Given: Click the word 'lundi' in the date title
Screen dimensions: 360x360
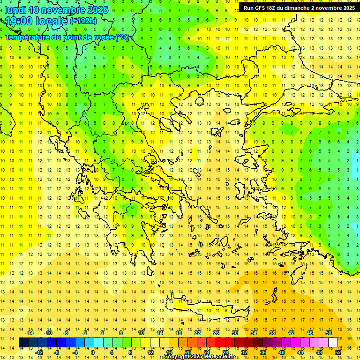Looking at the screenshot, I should click(x=15, y=10).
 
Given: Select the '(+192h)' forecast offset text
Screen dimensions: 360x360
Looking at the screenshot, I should click(x=83, y=21).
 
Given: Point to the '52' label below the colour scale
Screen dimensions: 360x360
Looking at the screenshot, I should click(x=338, y=352).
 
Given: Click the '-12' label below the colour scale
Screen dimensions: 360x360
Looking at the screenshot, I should click(x=39, y=352).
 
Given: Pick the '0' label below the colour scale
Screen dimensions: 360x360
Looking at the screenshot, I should click(x=92, y=352).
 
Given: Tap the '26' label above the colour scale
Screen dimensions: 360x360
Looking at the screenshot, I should click(x=216, y=333).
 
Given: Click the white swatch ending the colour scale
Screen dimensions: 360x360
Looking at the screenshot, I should click(x=333, y=343).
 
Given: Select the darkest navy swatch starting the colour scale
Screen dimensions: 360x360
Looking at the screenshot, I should click(x=23, y=343).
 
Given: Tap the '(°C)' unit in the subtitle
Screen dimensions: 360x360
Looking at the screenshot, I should click(x=122, y=37).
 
